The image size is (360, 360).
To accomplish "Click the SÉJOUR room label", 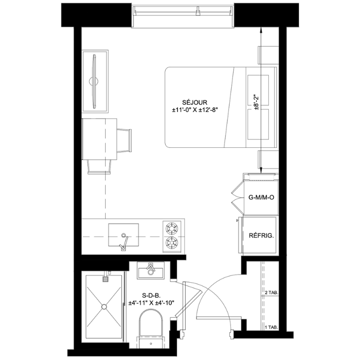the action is (195, 102).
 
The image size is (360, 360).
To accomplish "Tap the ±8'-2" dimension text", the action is (256, 102).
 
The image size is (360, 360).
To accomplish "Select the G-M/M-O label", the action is (261, 197).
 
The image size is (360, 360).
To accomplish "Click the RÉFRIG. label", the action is (261, 236).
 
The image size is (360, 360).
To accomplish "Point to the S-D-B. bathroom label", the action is (151, 295).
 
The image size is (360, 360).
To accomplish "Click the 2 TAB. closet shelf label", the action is (272, 293).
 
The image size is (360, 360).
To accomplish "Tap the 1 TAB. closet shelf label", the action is (272, 327).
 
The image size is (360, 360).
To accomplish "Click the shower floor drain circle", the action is (104, 307).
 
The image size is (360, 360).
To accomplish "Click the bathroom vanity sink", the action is (151, 270).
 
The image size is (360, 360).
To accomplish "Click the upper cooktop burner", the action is (172, 228).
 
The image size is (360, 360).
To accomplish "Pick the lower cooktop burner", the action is (172, 242).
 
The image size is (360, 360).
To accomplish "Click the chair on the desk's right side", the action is (124, 140).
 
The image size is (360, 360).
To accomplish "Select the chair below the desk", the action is (99, 167).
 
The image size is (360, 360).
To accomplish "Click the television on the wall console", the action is (95, 81).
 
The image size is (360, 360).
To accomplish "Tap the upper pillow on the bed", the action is (258, 90).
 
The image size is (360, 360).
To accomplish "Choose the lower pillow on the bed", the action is (258, 124).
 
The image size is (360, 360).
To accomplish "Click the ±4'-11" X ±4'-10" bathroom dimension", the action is (152, 303).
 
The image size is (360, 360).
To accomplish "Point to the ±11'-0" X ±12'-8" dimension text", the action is (195, 110).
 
